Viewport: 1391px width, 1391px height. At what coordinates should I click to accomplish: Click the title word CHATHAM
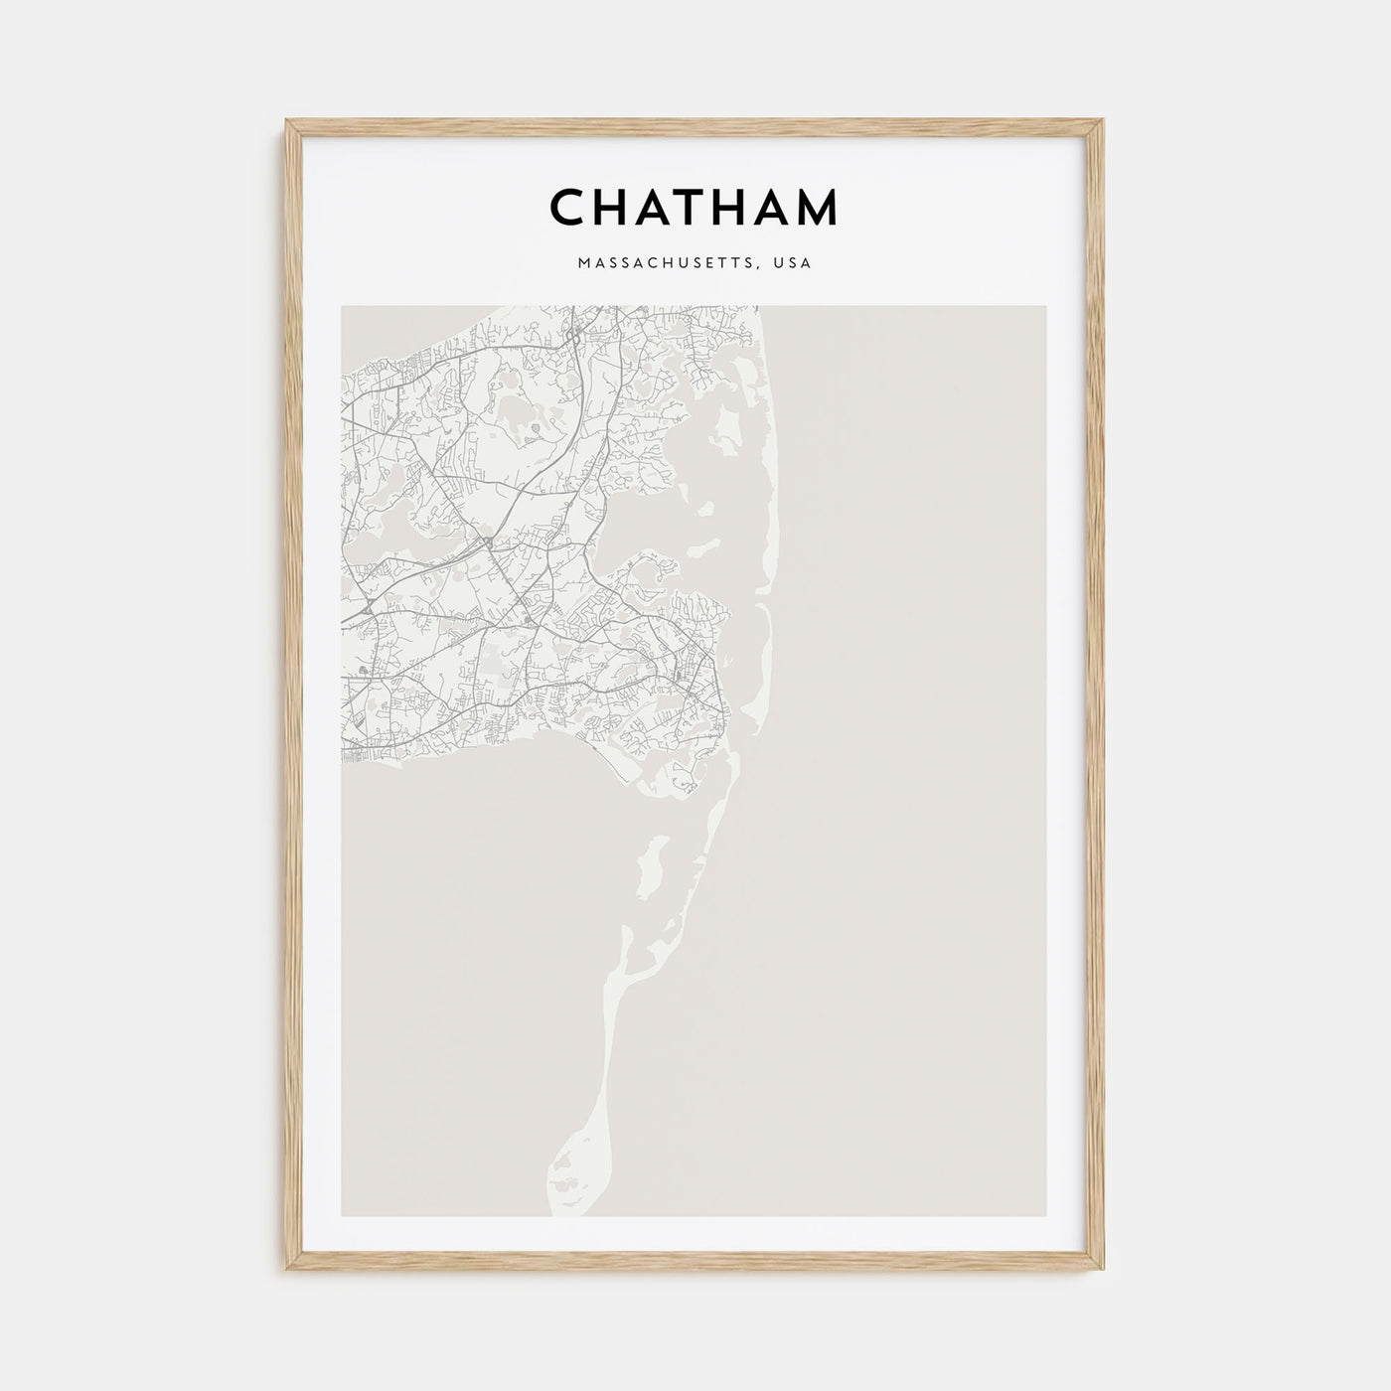[694, 208]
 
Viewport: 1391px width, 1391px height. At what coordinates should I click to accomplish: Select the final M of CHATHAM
[816, 208]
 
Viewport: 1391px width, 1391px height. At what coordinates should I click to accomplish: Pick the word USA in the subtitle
[796, 263]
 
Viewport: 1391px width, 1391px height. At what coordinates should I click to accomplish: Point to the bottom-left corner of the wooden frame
[286, 1273]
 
